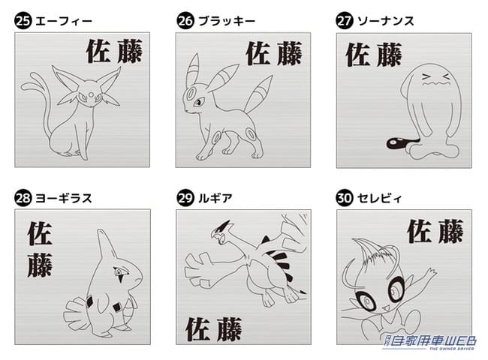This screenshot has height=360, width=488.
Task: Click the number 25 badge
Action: click(23, 21)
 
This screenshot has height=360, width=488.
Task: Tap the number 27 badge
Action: click(345, 21)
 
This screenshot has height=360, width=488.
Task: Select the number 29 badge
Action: click(185, 198)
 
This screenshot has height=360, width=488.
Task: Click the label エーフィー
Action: click(64, 22)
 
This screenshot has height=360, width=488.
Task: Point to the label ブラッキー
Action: click(227, 22)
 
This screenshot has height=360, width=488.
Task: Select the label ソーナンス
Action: click(386, 22)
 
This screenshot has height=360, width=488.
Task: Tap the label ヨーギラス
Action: click(64, 198)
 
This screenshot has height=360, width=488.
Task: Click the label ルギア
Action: click(215, 198)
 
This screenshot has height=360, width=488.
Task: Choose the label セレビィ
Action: click(379, 198)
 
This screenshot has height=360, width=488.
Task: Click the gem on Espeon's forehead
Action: click(91, 94)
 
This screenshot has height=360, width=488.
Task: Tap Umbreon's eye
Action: click(199, 102)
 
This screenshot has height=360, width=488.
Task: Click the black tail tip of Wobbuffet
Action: click(395, 143)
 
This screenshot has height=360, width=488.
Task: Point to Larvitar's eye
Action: click(120, 272)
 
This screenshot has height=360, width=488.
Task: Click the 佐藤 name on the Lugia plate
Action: click(213, 329)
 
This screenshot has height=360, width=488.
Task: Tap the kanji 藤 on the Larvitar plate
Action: click(40, 265)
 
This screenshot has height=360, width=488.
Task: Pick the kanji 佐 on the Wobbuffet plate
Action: click(358, 55)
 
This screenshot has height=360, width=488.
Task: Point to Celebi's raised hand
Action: click(430, 273)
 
